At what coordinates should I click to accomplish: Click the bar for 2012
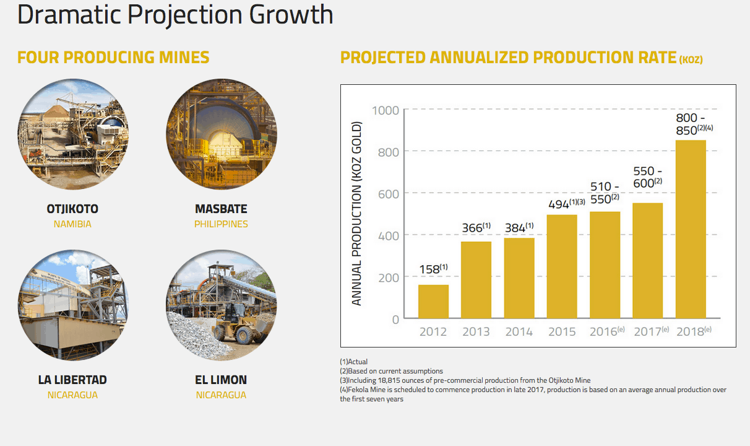click(433, 302)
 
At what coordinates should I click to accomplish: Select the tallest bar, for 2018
click(690, 229)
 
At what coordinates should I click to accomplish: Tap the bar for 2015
click(562, 266)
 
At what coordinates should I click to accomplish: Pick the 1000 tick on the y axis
click(386, 110)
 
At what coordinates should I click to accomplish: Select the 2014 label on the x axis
click(519, 331)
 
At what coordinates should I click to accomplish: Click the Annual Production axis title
click(356, 214)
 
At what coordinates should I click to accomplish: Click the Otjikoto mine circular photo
click(73, 134)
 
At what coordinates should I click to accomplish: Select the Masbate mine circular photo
click(221, 134)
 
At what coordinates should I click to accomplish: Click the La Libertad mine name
click(72, 380)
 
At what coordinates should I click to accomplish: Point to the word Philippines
click(221, 224)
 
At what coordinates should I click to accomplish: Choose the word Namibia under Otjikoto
click(72, 224)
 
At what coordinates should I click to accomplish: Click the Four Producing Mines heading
click(113, 58)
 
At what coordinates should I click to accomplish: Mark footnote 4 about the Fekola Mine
click(532, 394)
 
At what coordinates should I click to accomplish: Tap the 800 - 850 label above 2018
click(691, 124)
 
